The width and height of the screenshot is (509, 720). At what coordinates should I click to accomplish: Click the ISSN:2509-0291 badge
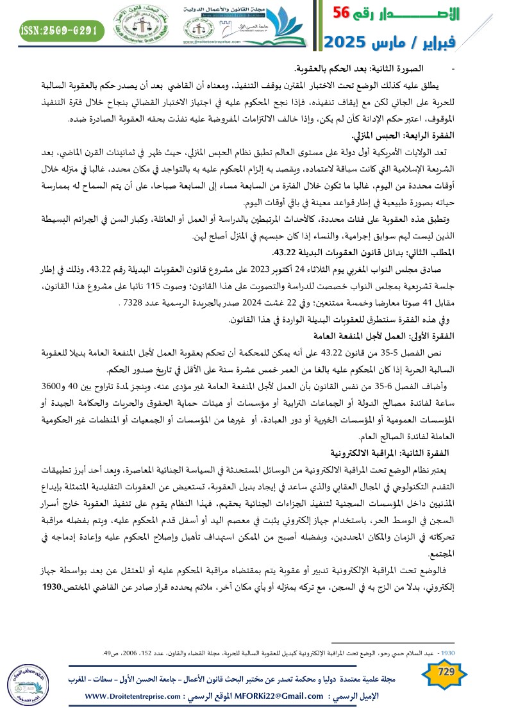61,29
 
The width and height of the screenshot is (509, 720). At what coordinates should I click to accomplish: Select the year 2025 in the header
347,43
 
